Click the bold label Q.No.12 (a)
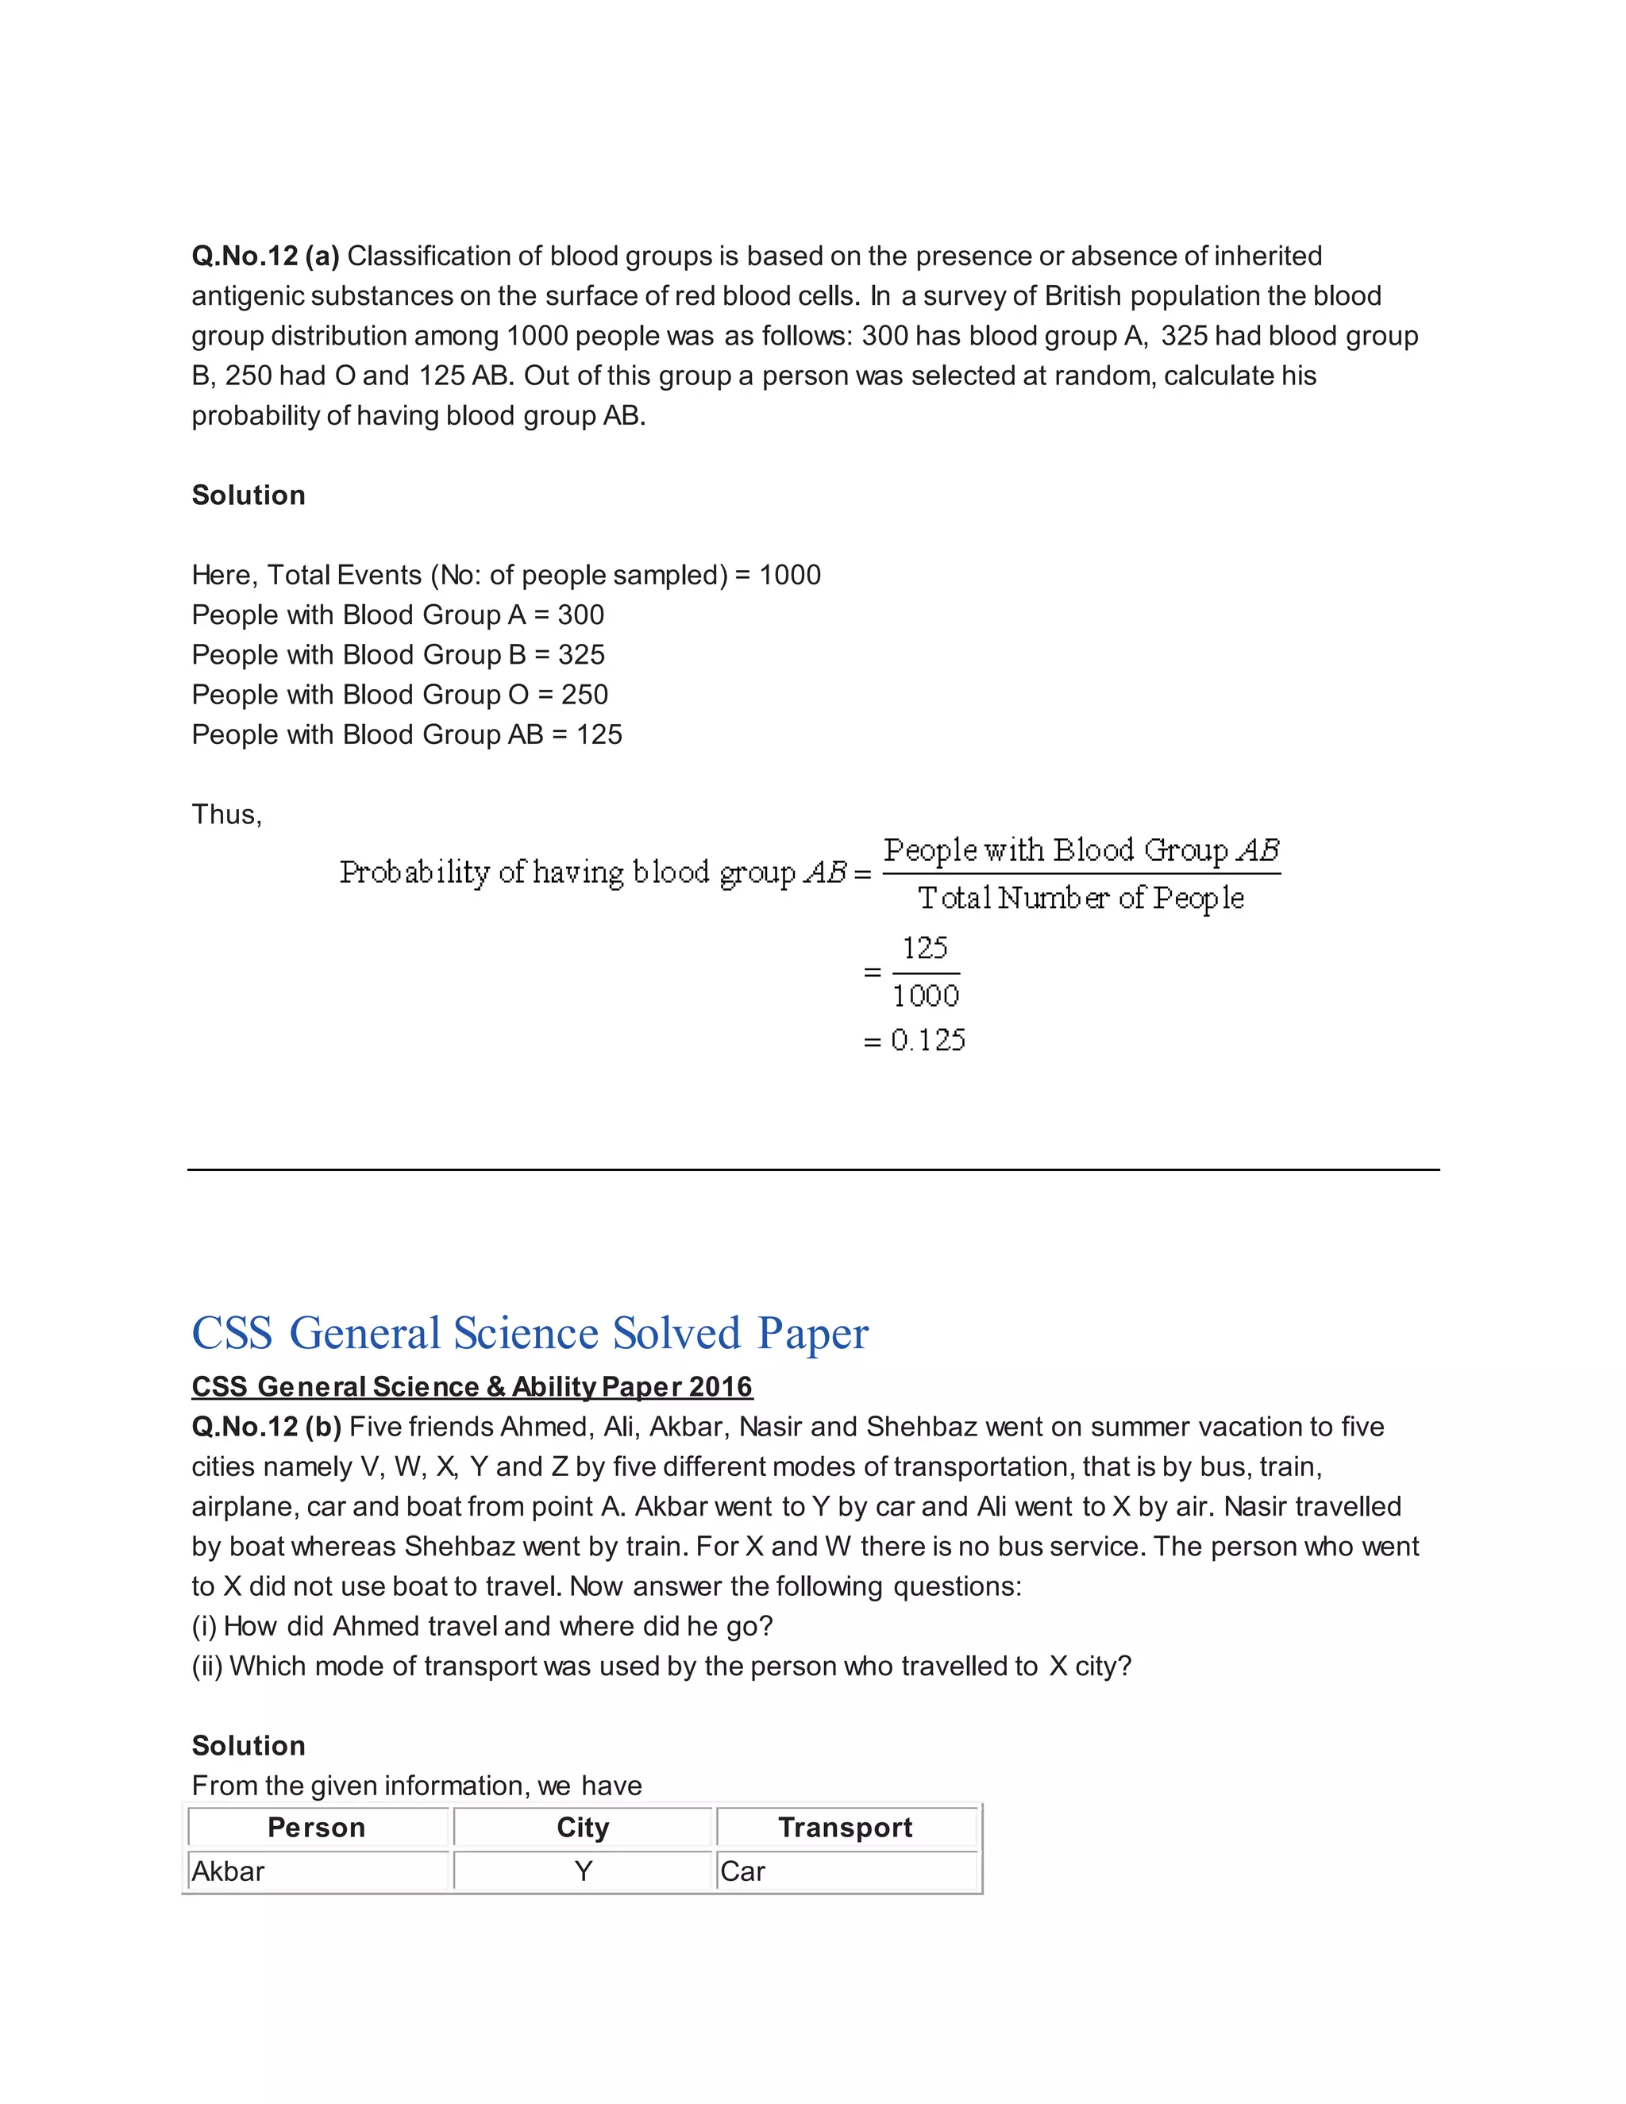click(x=265, y=256)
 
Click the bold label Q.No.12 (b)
click(x=266, y=1427)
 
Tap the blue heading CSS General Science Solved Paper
click(x=530, y=1333)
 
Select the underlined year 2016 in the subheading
click(x=721, y=1387)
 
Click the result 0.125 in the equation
click(x=927, y=1040)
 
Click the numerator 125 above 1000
click(x=925, y=949)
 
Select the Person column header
click(x=316, y=1828)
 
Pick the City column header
click(x=583, y=1828)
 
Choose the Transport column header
click(x=845, y=1828)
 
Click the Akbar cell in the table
click(x=229, y=1871)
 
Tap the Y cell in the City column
click(x=583, y=1871)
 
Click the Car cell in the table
click(x=742, y=1871)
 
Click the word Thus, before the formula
click(x=226, y=815)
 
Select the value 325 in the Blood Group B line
click(x=581, y=655)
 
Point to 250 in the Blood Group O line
click(x=584, y=695)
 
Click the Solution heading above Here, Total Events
click(x=249, y=495)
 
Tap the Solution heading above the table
click(x=249, y=1746)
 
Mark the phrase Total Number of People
click(x=1081, y=899)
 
